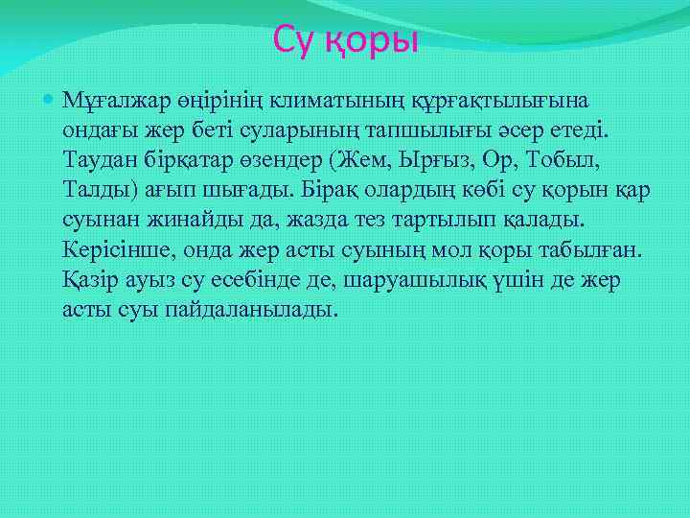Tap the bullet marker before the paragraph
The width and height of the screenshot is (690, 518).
pyautogui.click(x=49, y=99)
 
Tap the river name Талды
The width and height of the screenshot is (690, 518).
pyautogui.click(x=92, y=190)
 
